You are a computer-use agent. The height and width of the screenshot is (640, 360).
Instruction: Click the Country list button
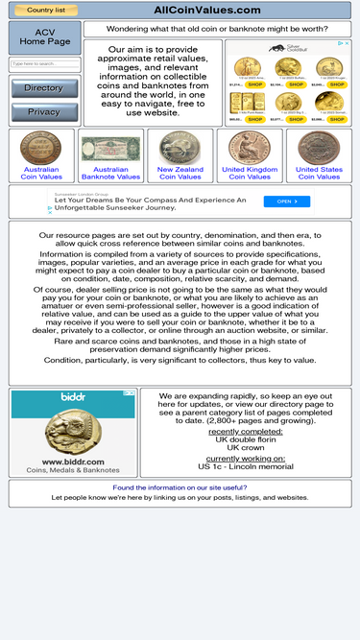[45, 10]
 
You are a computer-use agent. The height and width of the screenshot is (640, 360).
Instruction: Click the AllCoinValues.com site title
[207, 10]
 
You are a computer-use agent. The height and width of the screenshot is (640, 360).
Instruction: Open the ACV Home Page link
[45, 37]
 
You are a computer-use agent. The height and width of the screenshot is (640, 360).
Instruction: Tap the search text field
[44, 64]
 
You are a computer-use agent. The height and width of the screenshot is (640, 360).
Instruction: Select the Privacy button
[44, 111]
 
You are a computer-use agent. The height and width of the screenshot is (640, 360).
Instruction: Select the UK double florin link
[245, 439]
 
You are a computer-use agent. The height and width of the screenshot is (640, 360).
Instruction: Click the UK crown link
[245, 448]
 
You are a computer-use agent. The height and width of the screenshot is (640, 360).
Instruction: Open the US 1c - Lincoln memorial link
[245, 466]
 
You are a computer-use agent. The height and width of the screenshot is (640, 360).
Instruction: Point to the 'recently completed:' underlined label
[245, 431]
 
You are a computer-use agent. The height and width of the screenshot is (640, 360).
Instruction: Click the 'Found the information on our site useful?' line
[180, 487]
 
